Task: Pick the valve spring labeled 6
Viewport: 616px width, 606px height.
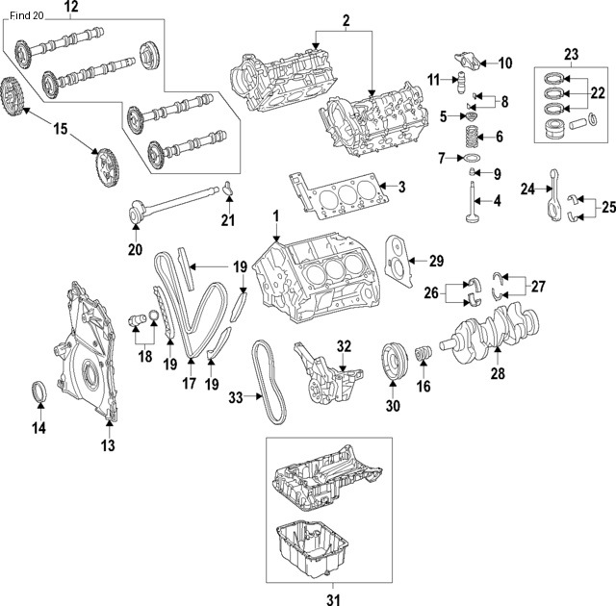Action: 473,136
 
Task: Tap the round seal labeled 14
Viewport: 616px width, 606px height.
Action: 39,393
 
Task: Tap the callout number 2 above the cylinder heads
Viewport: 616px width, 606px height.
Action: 346,19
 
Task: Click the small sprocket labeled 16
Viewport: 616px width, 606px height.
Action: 420,359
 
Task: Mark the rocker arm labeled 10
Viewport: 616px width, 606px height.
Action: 472,63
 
